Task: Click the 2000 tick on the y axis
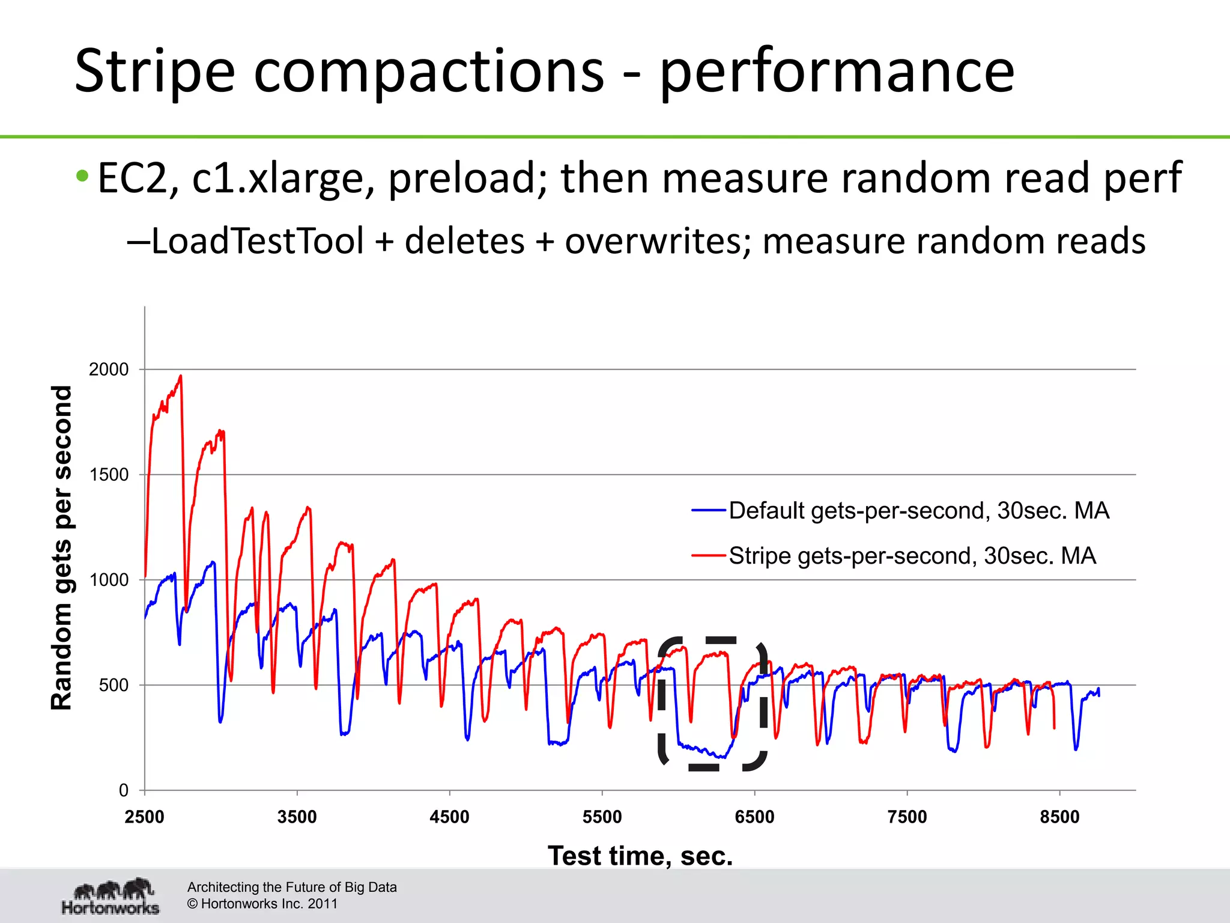coord(109,370)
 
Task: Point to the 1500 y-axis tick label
coord(109,475)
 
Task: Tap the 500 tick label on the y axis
coord(114,685)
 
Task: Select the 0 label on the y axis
coord(124,790)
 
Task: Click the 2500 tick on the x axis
coord(145,817)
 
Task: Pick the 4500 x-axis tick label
coord(450,817)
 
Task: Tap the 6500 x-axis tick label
coord(755,817)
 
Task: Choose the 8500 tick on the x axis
coord(1060,817)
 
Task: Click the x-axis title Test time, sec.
coord(640,856)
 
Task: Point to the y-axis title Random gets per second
coord(61,548)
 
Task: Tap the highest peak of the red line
coord(180,376)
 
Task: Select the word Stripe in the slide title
coord(154,72)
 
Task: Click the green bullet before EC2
coord(82,177)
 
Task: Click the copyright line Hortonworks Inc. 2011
coord(262,904)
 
